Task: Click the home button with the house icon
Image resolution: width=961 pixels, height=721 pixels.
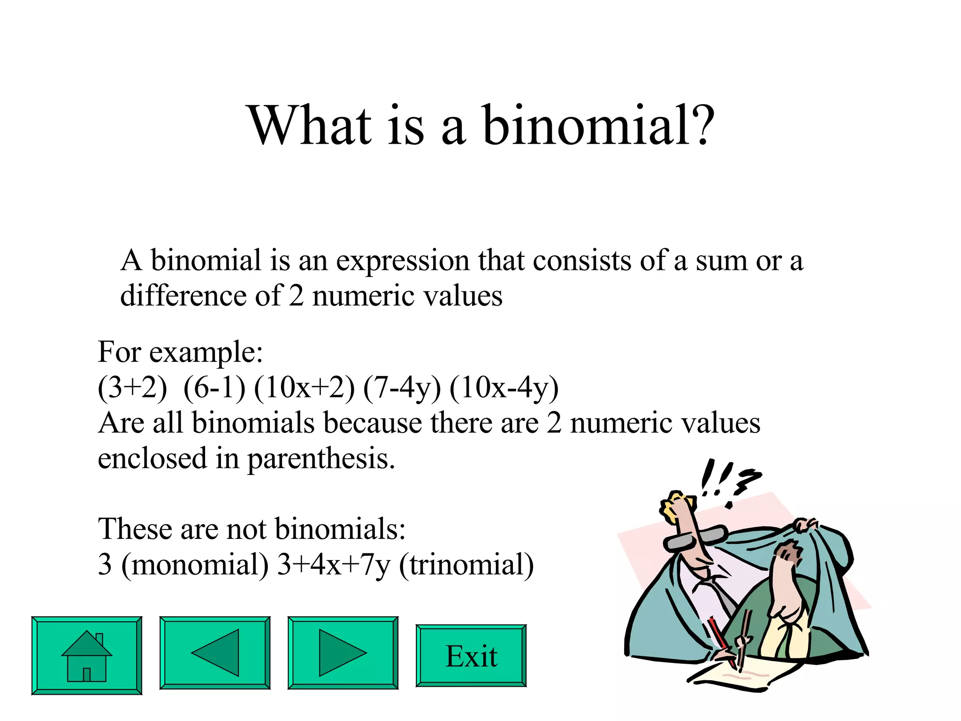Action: click(87, 655)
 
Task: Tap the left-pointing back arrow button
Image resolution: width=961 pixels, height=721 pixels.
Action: click(215, 653)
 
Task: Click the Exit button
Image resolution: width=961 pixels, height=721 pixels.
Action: click(471, 656)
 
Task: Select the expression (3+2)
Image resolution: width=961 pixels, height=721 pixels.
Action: click(132, 388)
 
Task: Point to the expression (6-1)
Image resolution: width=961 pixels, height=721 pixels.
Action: click(214, 388)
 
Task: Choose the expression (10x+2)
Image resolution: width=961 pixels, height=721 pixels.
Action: click(304, 388)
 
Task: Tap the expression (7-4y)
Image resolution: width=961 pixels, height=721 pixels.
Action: click(402, 388)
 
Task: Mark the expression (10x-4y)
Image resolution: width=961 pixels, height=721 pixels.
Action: click(504, 388)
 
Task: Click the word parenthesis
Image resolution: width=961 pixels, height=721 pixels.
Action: click(321, 459)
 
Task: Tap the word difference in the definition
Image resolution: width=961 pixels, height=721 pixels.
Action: click(183, 296)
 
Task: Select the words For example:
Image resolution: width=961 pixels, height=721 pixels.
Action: click(180, 352)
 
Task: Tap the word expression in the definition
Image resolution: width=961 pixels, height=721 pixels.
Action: click(403, 261)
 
